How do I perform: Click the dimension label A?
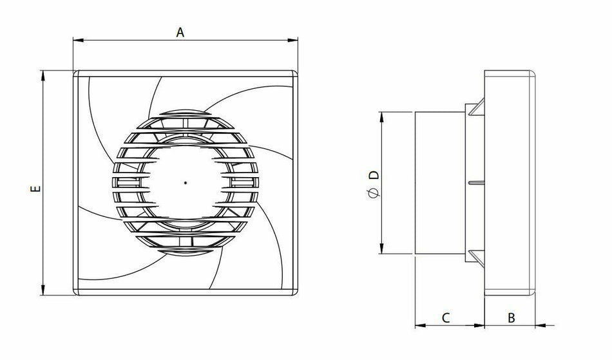click(x=180, y=32)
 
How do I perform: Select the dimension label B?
click(x=511, y=317)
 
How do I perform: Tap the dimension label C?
click(x=445, y=317)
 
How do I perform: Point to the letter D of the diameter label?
click(x=372, y=175)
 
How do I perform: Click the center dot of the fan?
click(x=186, y=183)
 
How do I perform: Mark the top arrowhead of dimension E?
click(x=44, y=75)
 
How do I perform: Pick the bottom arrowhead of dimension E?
click(x=44, y=291)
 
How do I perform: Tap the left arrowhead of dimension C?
click(x=419, y=325)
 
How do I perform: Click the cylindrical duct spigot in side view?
click(x=439, y=183)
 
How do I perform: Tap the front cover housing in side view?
click(x=510, y=183)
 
